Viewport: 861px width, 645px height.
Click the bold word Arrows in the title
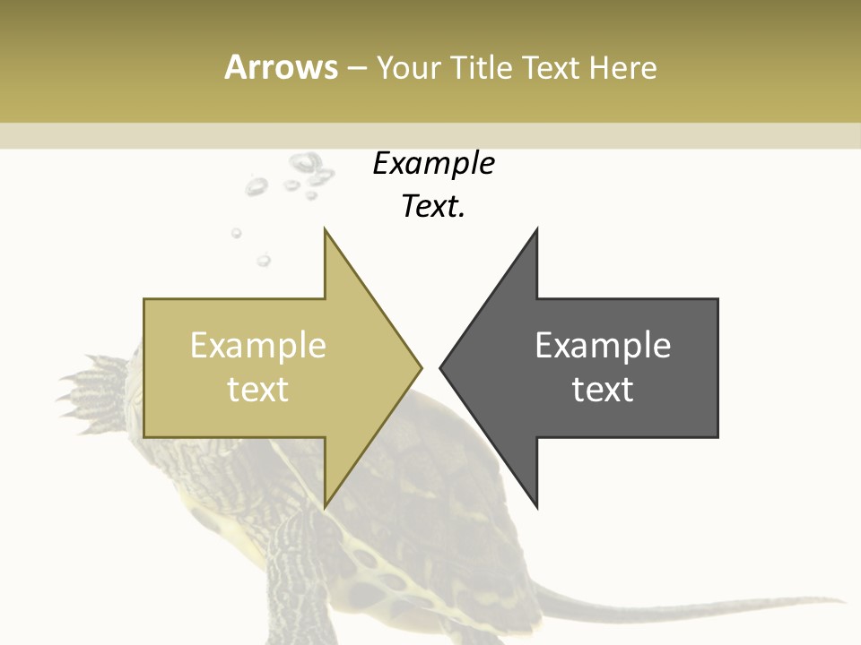[x=281, y=68]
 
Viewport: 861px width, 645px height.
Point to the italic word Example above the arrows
[x=433, y=164]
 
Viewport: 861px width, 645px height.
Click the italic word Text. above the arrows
[x=433, y=207]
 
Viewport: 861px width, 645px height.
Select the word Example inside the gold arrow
[x=257, y=346]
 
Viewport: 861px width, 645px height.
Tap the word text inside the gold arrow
[x=257, y=390]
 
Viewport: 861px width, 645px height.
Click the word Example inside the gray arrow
[x=603, y=346]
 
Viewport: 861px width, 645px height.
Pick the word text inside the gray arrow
[x=603, y=390]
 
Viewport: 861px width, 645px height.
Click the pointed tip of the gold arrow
[x=420, y=367]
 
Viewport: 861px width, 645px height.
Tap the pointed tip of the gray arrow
[x=441, y=367]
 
